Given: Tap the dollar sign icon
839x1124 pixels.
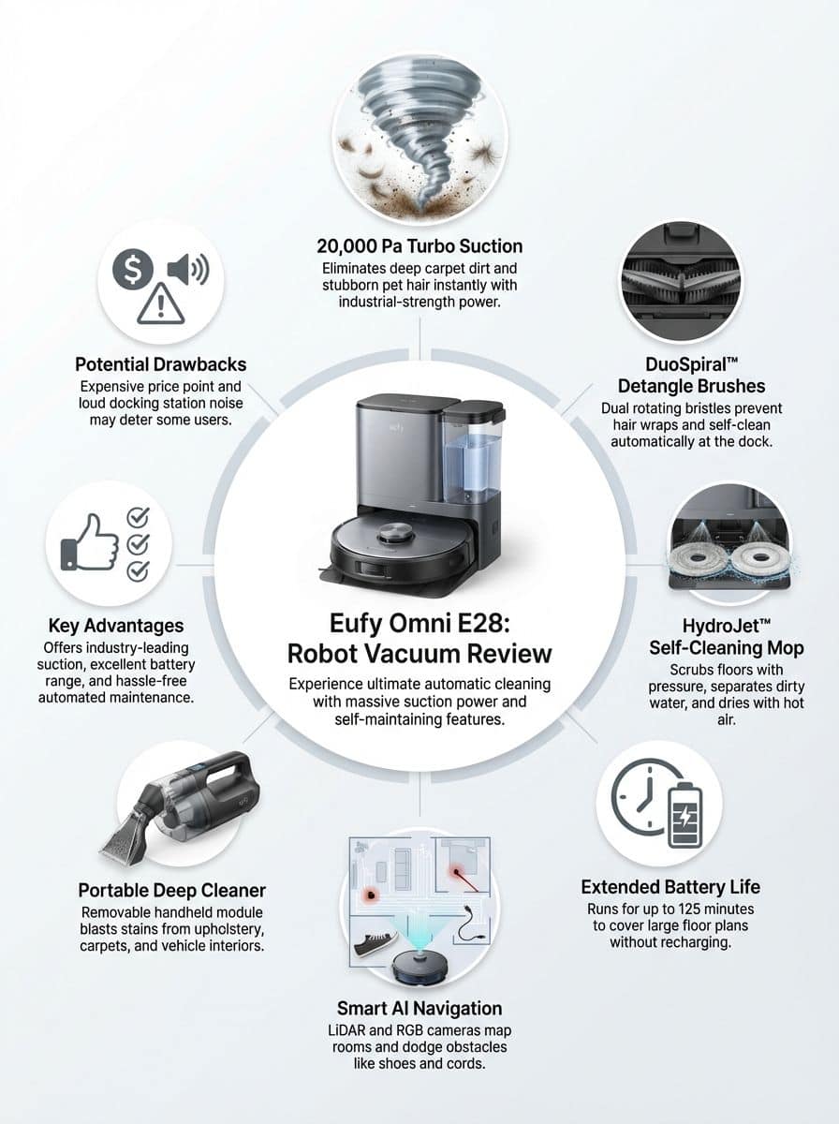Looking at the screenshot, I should (132, 271).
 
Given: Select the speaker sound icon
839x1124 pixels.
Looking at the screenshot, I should (187, 271).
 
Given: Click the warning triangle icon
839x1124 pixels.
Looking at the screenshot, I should (160, 304).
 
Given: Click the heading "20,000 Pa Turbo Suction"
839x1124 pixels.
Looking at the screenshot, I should (419, 246).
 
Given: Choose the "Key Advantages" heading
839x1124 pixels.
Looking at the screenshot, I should (116, 626).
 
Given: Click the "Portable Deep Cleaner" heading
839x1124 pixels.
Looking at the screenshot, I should (171, 890).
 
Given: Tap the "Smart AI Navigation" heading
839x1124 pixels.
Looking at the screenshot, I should (419, 1008).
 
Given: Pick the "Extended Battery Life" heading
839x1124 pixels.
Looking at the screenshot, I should (670, 886).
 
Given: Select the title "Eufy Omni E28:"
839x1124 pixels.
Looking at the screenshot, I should (419, 623).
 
